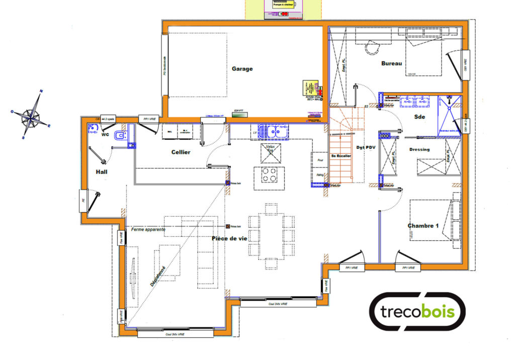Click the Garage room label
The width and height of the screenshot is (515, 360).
click(242, 69)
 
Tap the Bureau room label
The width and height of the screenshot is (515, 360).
click(391, 63)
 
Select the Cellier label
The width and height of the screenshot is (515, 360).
click(181, 152)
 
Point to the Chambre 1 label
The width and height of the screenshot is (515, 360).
click(423, 226)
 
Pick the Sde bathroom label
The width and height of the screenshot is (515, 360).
click(419, 117)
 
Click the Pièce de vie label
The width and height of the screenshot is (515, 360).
click(229, 238)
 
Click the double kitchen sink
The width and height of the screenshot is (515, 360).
click(275, 132)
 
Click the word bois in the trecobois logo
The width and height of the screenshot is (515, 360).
click(438, 312)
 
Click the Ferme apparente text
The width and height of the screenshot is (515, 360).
click(148, 229)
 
